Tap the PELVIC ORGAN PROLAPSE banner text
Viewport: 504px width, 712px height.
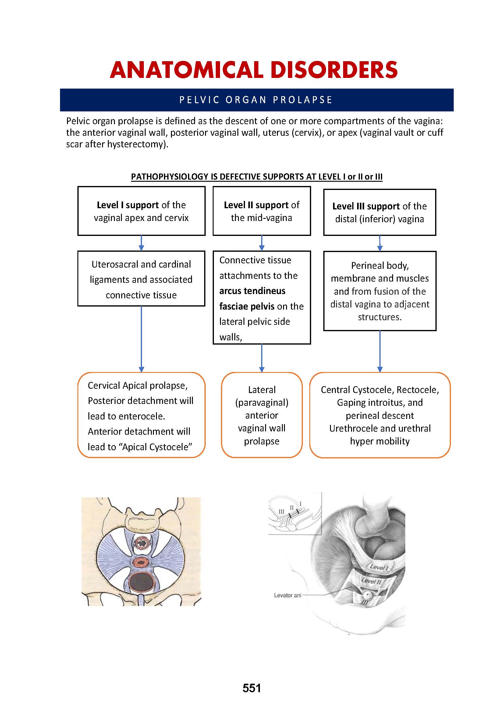tap(256, 100)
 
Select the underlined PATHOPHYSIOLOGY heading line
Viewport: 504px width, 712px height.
tap(256, 177)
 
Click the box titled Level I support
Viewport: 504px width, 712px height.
tap(141, 211)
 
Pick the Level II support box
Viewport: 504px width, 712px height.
tap(262, 211)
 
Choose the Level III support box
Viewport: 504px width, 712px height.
tap(380, 213)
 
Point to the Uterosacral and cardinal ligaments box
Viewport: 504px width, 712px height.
tap(141, 279)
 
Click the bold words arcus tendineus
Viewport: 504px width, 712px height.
tap(252, 291)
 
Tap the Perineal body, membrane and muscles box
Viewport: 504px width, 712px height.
tap(380, 291)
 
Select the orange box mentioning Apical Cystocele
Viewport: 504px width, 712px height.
tap(141, 416)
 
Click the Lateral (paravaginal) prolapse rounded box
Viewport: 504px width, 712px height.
tap(262, 415)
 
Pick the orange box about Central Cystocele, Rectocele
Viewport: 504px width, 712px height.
tap(380, 415)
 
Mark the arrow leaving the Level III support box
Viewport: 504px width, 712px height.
tap(380, 243)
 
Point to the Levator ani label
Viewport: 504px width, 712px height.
tap(287, 595)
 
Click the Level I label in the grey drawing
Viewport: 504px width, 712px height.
tap(379, 567)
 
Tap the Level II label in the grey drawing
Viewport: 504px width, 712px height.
tap(371, 581)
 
